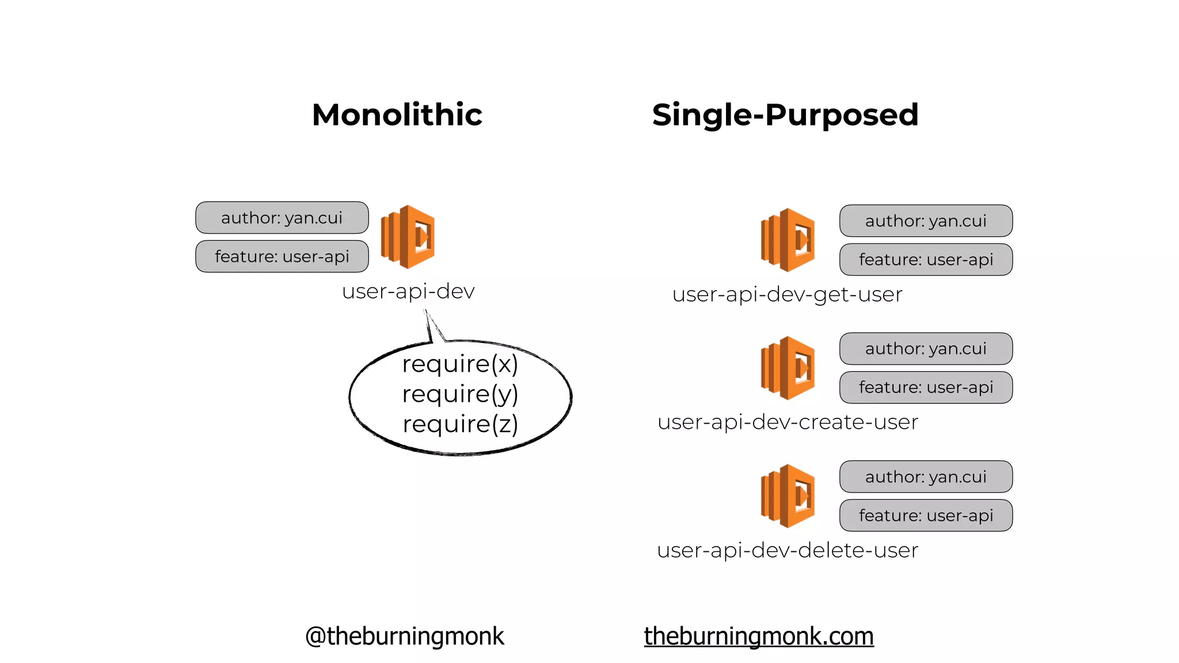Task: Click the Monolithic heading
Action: click(x=397, y=115)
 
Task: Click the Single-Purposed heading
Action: click(x=785, y=115)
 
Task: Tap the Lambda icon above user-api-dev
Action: click(x=408, y=237)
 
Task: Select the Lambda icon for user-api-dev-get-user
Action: click(x=788, y=240)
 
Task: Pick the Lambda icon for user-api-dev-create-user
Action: click(x=788, y=368)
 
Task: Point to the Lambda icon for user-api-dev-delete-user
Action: click(x=788, y=496)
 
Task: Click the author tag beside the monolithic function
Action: click(x=282, y=218)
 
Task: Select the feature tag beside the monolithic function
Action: click(x=282, y=256)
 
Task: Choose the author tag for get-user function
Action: click(x=926, y=221)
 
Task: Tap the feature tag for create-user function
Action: click(x=926, y=387)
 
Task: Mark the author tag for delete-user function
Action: click(x=926, y=477)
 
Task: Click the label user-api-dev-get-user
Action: click(x=787, y=294)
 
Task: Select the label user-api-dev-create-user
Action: click(x=787, y=422)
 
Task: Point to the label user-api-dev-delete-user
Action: click(x=787, y=550)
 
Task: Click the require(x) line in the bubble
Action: click(x=460, y=364)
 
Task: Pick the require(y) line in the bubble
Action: click(x=460, y=394)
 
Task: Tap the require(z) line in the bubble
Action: click(x=460, y=424)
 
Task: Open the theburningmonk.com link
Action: click(x=758, y=636)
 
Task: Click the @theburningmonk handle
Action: click(x=404, y=636)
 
